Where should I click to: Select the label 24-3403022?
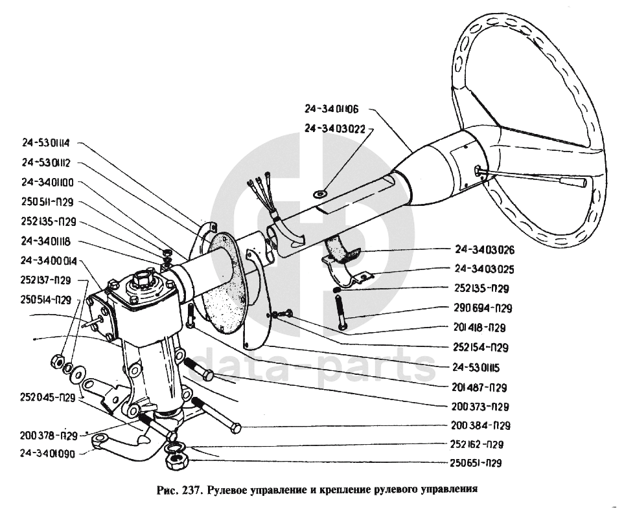(334, 128)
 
